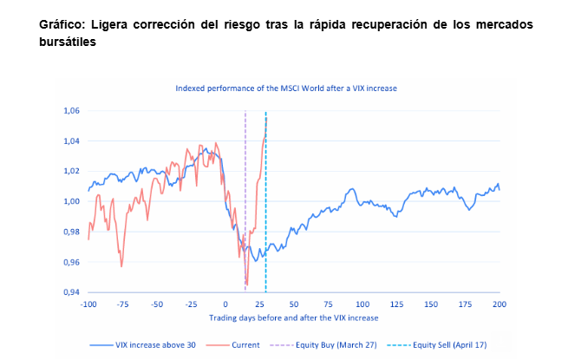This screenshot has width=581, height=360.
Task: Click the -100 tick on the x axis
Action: [x=88, y=304]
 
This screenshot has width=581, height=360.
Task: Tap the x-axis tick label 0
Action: [x=225, y=304]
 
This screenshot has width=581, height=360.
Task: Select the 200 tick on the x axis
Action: [x=499, y=304]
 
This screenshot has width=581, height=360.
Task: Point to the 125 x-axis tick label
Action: [x=396, y=304]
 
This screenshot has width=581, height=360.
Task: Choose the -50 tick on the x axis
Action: [x=156, y=304]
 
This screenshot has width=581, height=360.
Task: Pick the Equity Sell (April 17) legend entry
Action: [x=451, y=344]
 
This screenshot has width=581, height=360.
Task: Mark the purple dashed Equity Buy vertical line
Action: [x=246, y=173]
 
